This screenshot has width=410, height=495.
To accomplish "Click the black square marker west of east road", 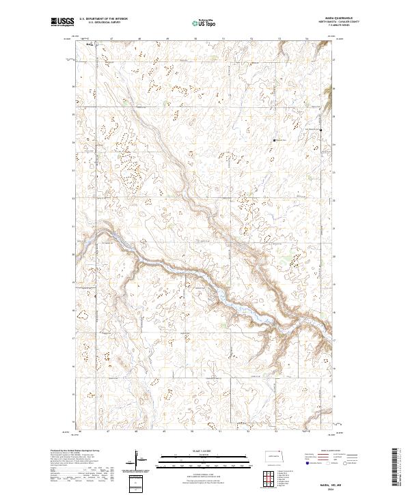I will click(275, 140).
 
